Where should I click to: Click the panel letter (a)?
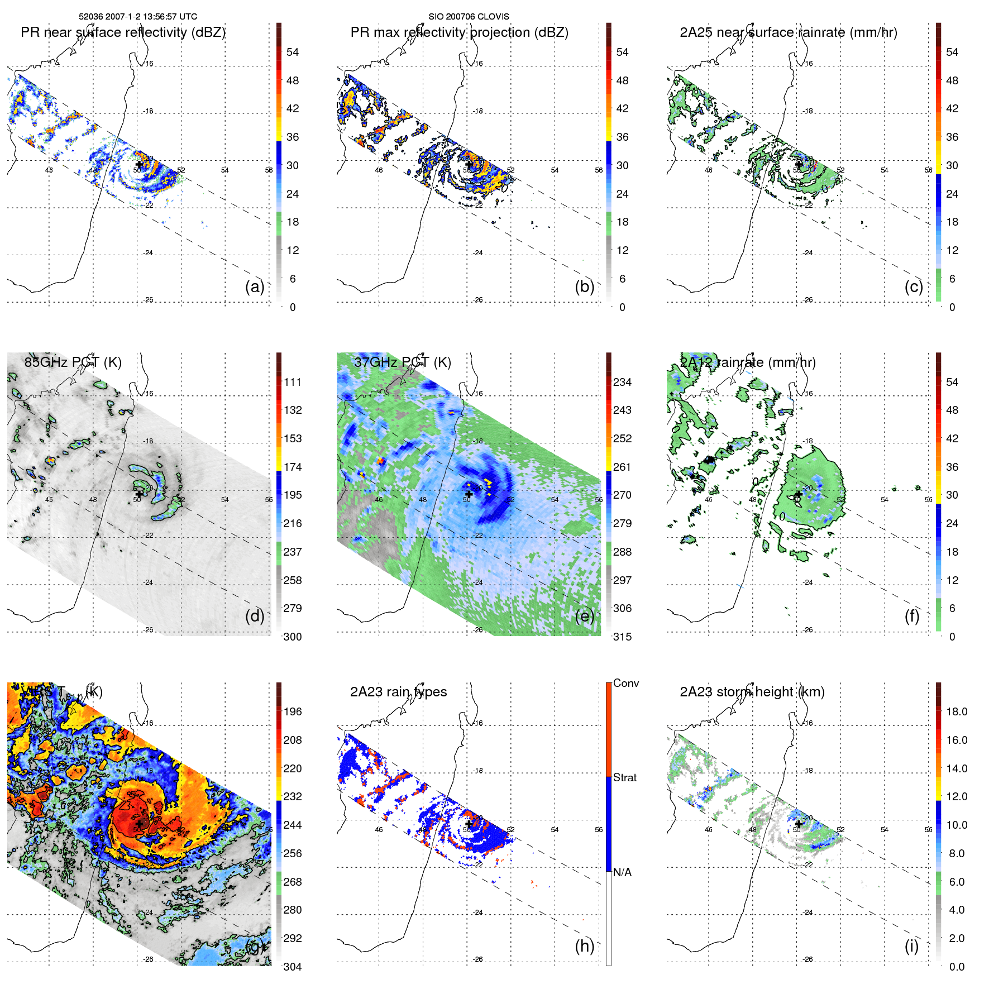[254, 287]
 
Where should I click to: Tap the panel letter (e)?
[584, 617]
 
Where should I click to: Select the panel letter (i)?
[911, 946]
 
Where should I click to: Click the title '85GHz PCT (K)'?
[73, 362]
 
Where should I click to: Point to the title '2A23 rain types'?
[398, 692]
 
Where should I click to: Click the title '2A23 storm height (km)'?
[752, 692]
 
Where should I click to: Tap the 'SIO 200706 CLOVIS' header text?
[469, 17]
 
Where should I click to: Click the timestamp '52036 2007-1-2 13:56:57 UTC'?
[138, 17]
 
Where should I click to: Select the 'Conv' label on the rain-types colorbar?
[625, 683]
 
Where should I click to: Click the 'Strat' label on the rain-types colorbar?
[624, 777]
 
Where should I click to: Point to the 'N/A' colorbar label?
[622, 872]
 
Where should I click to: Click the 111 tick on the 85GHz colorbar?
[293, 382]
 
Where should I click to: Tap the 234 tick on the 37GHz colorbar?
[622, 382]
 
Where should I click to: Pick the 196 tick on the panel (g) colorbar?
[293, 711]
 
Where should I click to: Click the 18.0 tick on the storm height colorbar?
[957, 711]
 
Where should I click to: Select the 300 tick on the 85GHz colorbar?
[293, 637]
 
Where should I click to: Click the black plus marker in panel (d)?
[139, 494]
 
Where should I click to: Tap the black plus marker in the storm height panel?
[799, 824]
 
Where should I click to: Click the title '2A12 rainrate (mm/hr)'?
[747, 362]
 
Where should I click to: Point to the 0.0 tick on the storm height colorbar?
[957, 967]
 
